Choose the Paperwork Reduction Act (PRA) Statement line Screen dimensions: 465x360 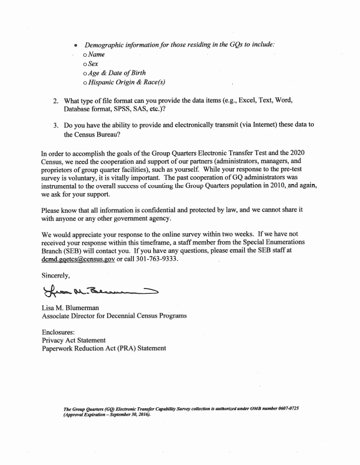click(104, 348)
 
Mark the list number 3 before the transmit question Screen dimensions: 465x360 click(56, 125)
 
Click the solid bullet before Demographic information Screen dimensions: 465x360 click(76, 45)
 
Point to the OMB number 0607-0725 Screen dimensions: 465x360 click(282, 408)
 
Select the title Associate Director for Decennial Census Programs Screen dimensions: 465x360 click(115, 315)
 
